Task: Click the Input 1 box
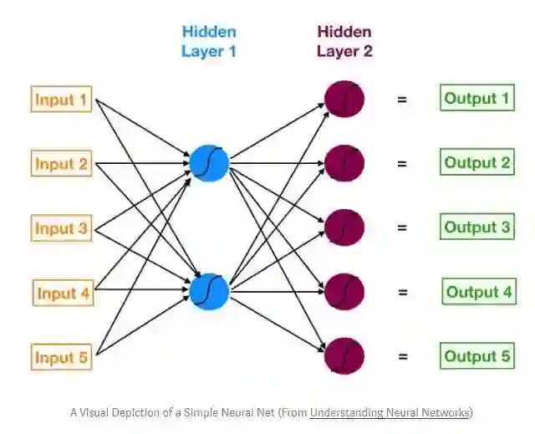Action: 61,100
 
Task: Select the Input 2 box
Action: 61,164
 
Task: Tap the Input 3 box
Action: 61,228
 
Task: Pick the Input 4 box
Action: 64,294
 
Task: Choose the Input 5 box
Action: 61,358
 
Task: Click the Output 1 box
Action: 476,99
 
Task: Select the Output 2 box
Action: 477,162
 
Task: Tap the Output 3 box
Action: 477,227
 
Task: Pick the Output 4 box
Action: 478,292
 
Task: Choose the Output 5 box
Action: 477,356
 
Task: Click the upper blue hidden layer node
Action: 208,161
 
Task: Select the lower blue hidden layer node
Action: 208,291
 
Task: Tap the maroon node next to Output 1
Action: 344,98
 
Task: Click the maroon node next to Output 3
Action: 344,227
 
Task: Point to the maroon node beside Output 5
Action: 344,355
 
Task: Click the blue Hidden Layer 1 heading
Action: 208,41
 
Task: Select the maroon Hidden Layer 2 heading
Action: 344,41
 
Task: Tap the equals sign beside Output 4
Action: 402,292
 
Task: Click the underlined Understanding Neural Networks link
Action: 390,411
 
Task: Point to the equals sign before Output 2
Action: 402,163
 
